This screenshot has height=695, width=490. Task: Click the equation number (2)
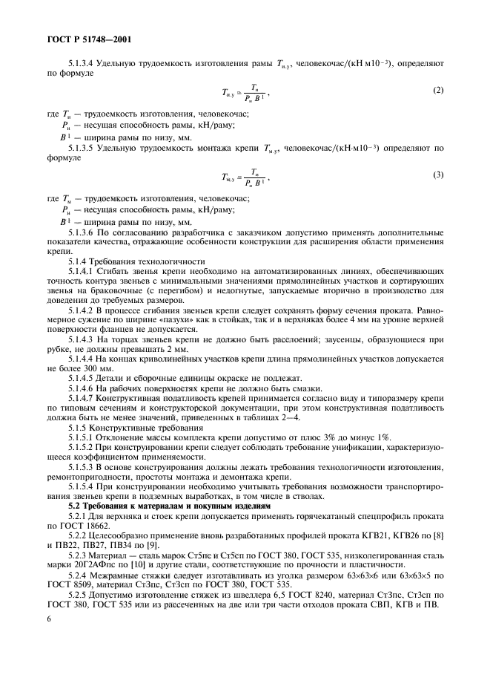point(438,91)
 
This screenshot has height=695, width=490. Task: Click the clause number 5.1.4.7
point(82,399)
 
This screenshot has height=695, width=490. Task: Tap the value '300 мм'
point(99,369)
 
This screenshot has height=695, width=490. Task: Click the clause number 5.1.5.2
point(82,448)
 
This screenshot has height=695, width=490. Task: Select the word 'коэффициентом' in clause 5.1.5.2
point(93,457)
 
